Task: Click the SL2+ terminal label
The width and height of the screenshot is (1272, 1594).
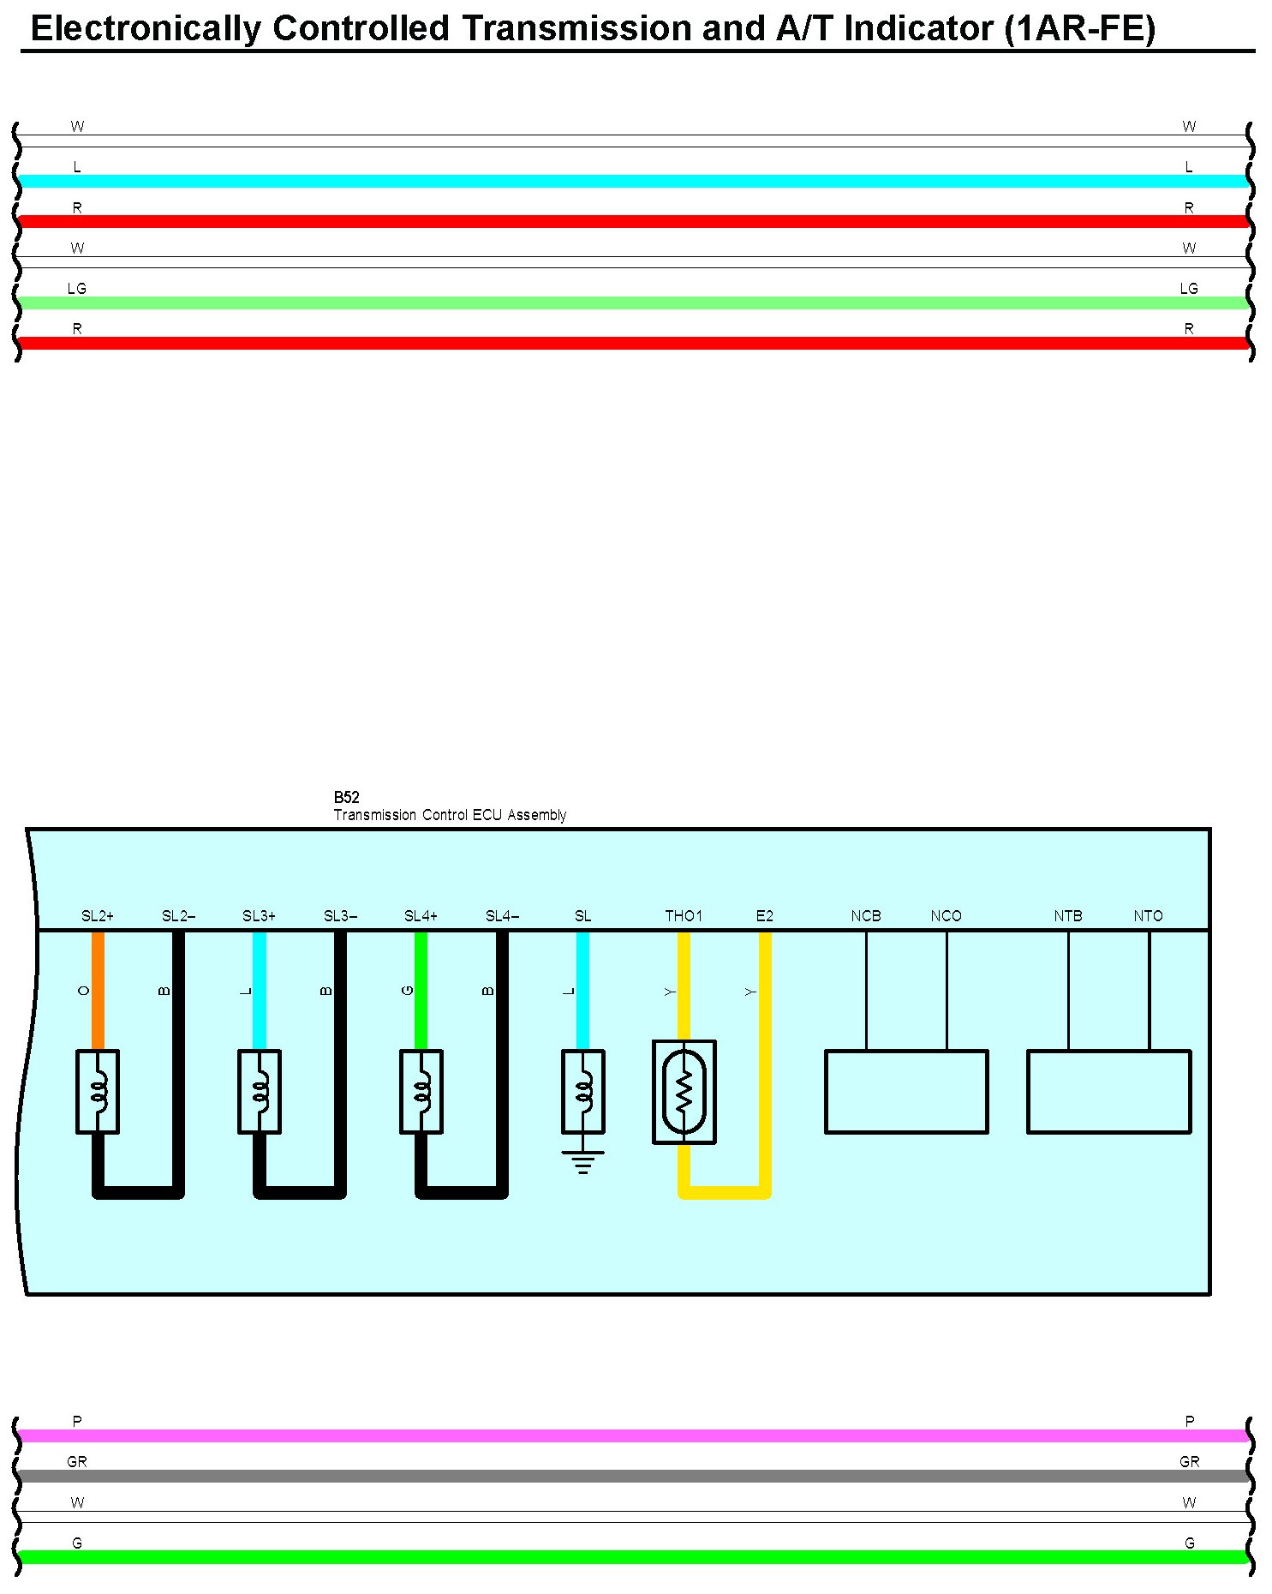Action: [x=97, y=916]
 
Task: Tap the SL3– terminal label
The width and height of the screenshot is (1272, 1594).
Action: [x=340, y=916]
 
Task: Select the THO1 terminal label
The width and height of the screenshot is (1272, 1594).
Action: [x=684, y=916]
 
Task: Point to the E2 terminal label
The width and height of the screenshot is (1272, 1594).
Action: [x=765, y=916]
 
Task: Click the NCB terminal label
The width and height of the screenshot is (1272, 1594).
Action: [x=866, y=916]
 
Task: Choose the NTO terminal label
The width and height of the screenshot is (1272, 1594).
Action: [x=1149, y=916]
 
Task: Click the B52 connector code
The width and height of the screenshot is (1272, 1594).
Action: [x=346, y=797]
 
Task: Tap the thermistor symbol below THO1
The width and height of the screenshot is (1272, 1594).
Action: [x=684, y=1092]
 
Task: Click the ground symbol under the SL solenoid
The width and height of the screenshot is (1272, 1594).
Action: [x=583, y=1161]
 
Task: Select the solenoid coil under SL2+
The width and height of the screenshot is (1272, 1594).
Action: [x=98, y=1092]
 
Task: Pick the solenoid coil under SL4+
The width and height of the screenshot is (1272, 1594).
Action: [x=421, y=1092]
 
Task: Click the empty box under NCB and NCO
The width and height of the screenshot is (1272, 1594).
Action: [x=906, y=1092]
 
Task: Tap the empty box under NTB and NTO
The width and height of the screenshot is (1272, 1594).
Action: [x=1108, y=1092]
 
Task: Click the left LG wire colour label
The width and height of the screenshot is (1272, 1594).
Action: [x=77, y=289]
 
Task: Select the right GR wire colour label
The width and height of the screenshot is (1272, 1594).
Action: [x=1189, y=1462]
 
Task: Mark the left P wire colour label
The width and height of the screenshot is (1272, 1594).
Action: [x=77, y=1422]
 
